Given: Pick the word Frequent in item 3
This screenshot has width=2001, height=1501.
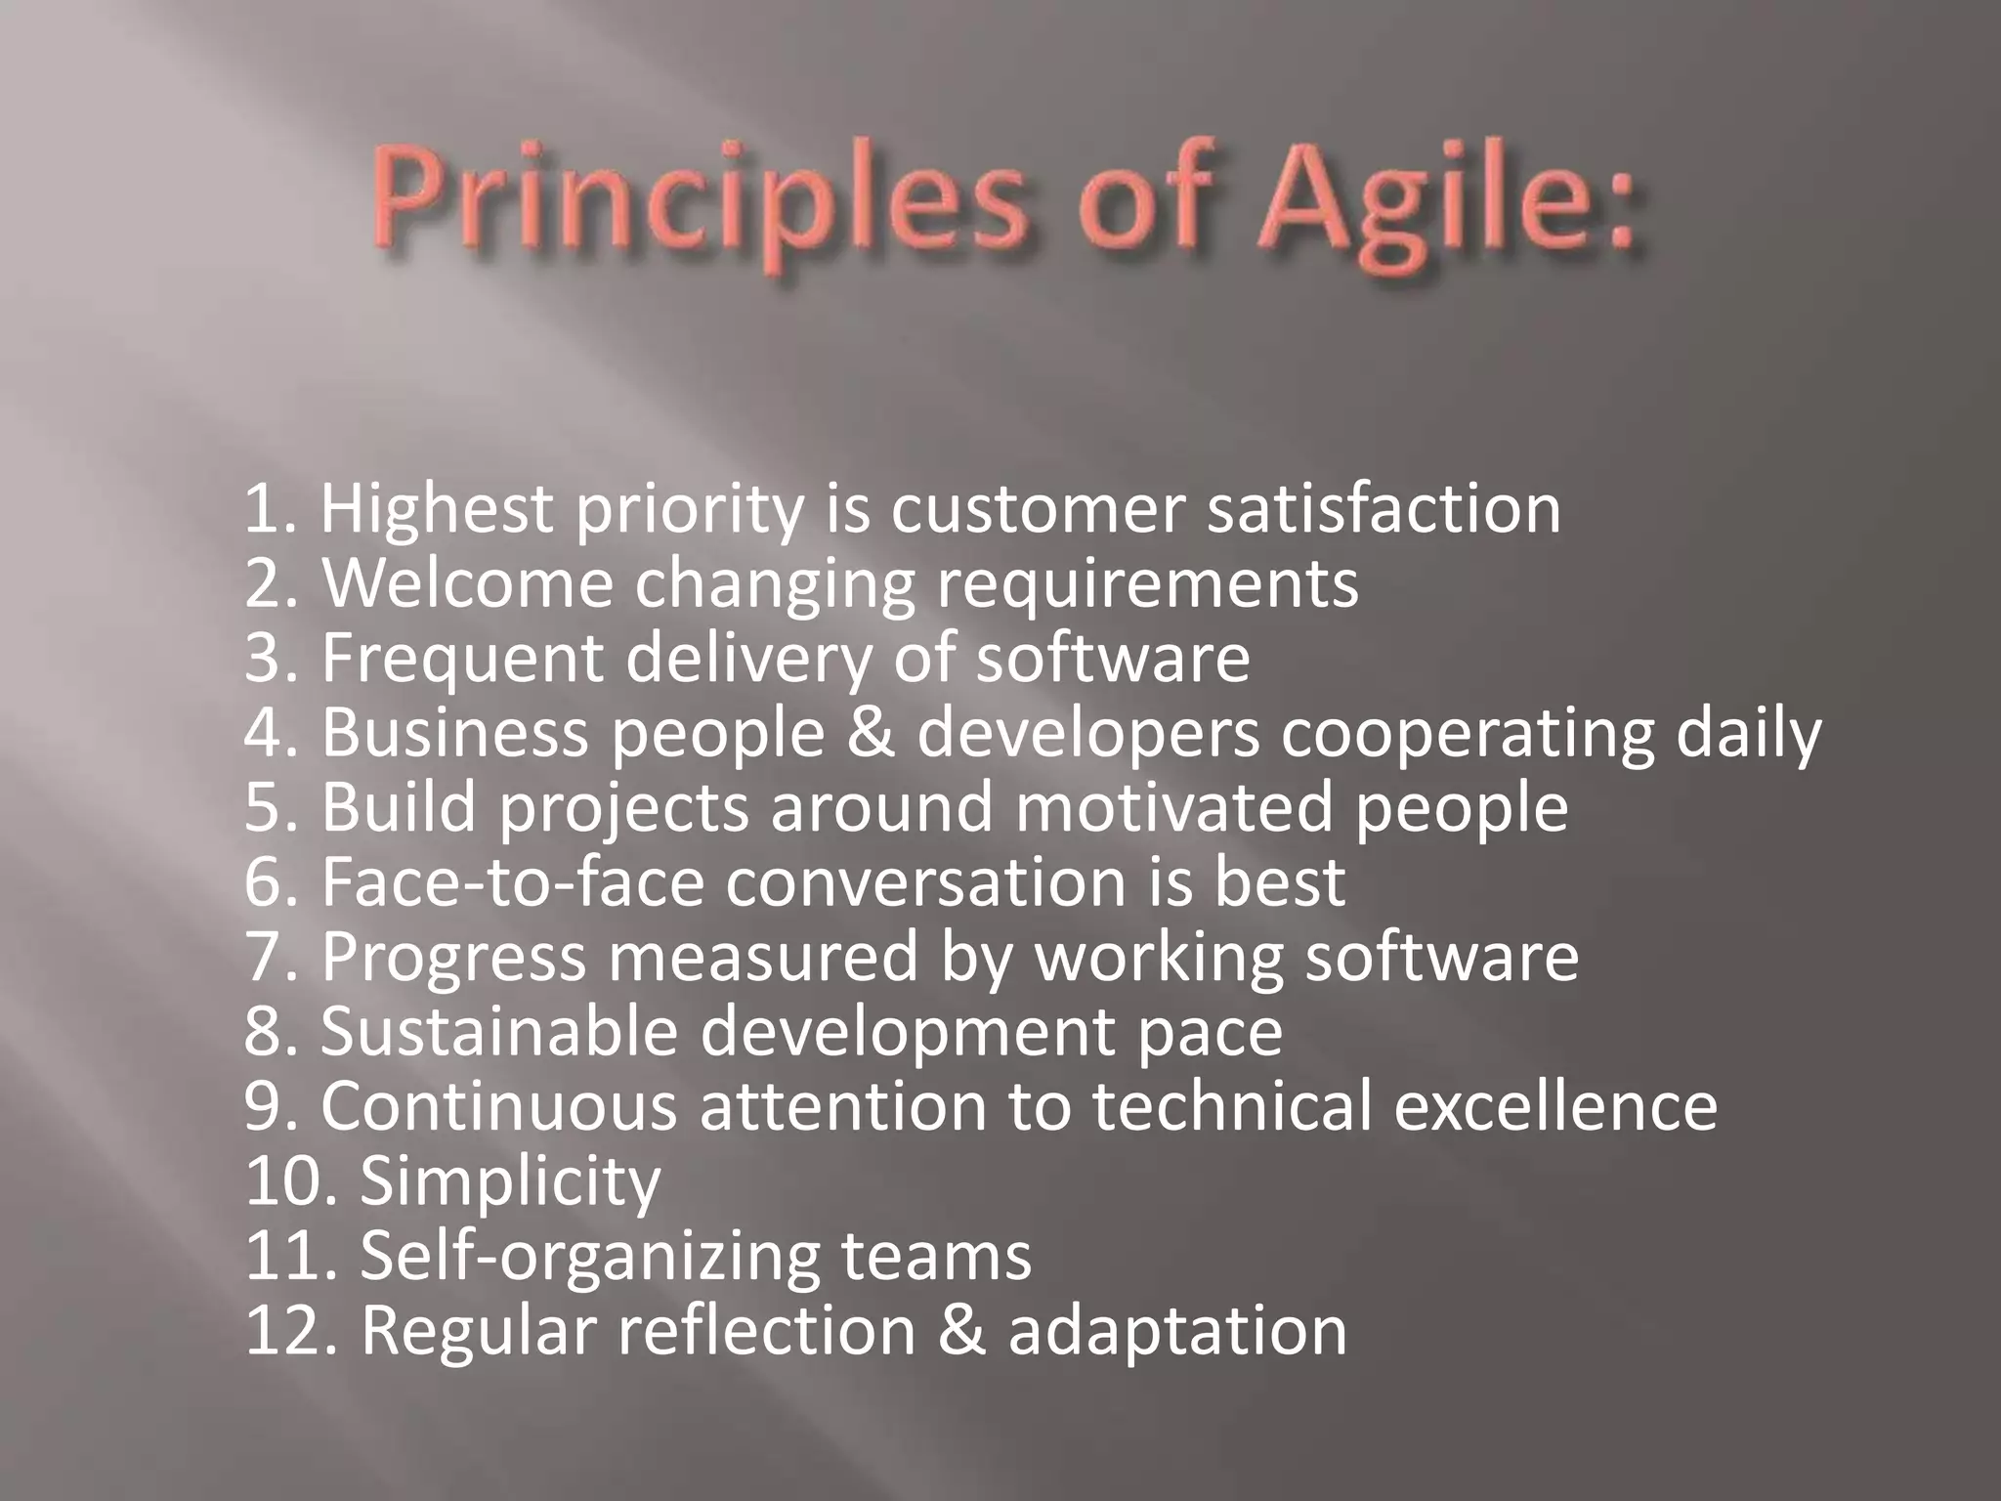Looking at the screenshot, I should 461,658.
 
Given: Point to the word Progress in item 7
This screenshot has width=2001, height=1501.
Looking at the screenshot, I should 453,957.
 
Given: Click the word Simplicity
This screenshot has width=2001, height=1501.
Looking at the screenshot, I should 510,1182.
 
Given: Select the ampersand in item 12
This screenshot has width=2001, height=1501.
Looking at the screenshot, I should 962,1331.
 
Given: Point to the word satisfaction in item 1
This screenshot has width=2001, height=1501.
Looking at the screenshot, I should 1384,510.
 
